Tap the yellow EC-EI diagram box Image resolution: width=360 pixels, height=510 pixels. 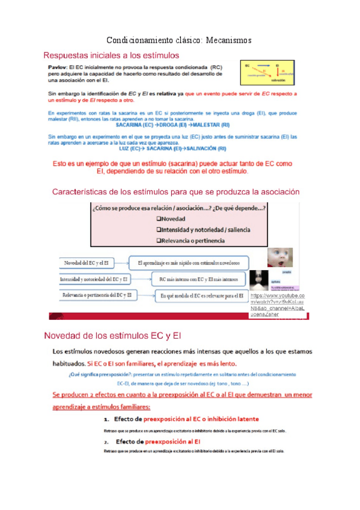pos(269,73)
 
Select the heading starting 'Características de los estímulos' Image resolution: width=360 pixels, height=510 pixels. pos(176,192)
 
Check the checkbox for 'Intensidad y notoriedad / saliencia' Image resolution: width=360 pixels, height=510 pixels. pos(159,229)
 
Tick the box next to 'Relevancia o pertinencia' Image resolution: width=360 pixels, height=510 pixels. pos(159,241)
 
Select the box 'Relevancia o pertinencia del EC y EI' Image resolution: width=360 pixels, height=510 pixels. pos(96,295)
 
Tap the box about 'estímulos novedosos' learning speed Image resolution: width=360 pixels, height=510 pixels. pos(189,263)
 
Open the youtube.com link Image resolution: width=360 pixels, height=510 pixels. pos(278,304)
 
